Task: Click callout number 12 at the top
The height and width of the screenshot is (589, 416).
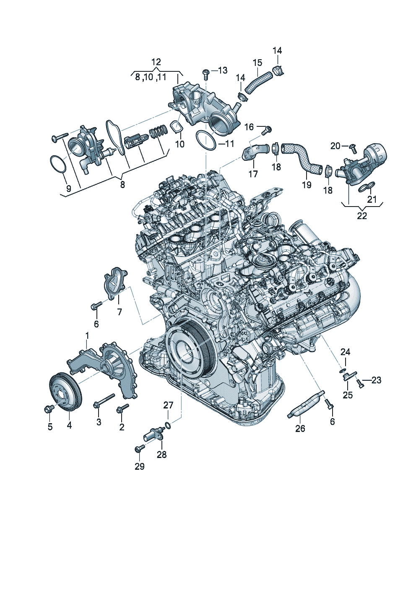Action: [x=156, y=62]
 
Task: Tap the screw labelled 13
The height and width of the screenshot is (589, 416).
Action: [x=205, y=74]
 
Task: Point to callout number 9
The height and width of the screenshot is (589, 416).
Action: [x=68, y=188]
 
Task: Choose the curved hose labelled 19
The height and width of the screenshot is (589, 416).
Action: [x=302, y=158]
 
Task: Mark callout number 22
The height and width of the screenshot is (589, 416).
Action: [x=362, y=216]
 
